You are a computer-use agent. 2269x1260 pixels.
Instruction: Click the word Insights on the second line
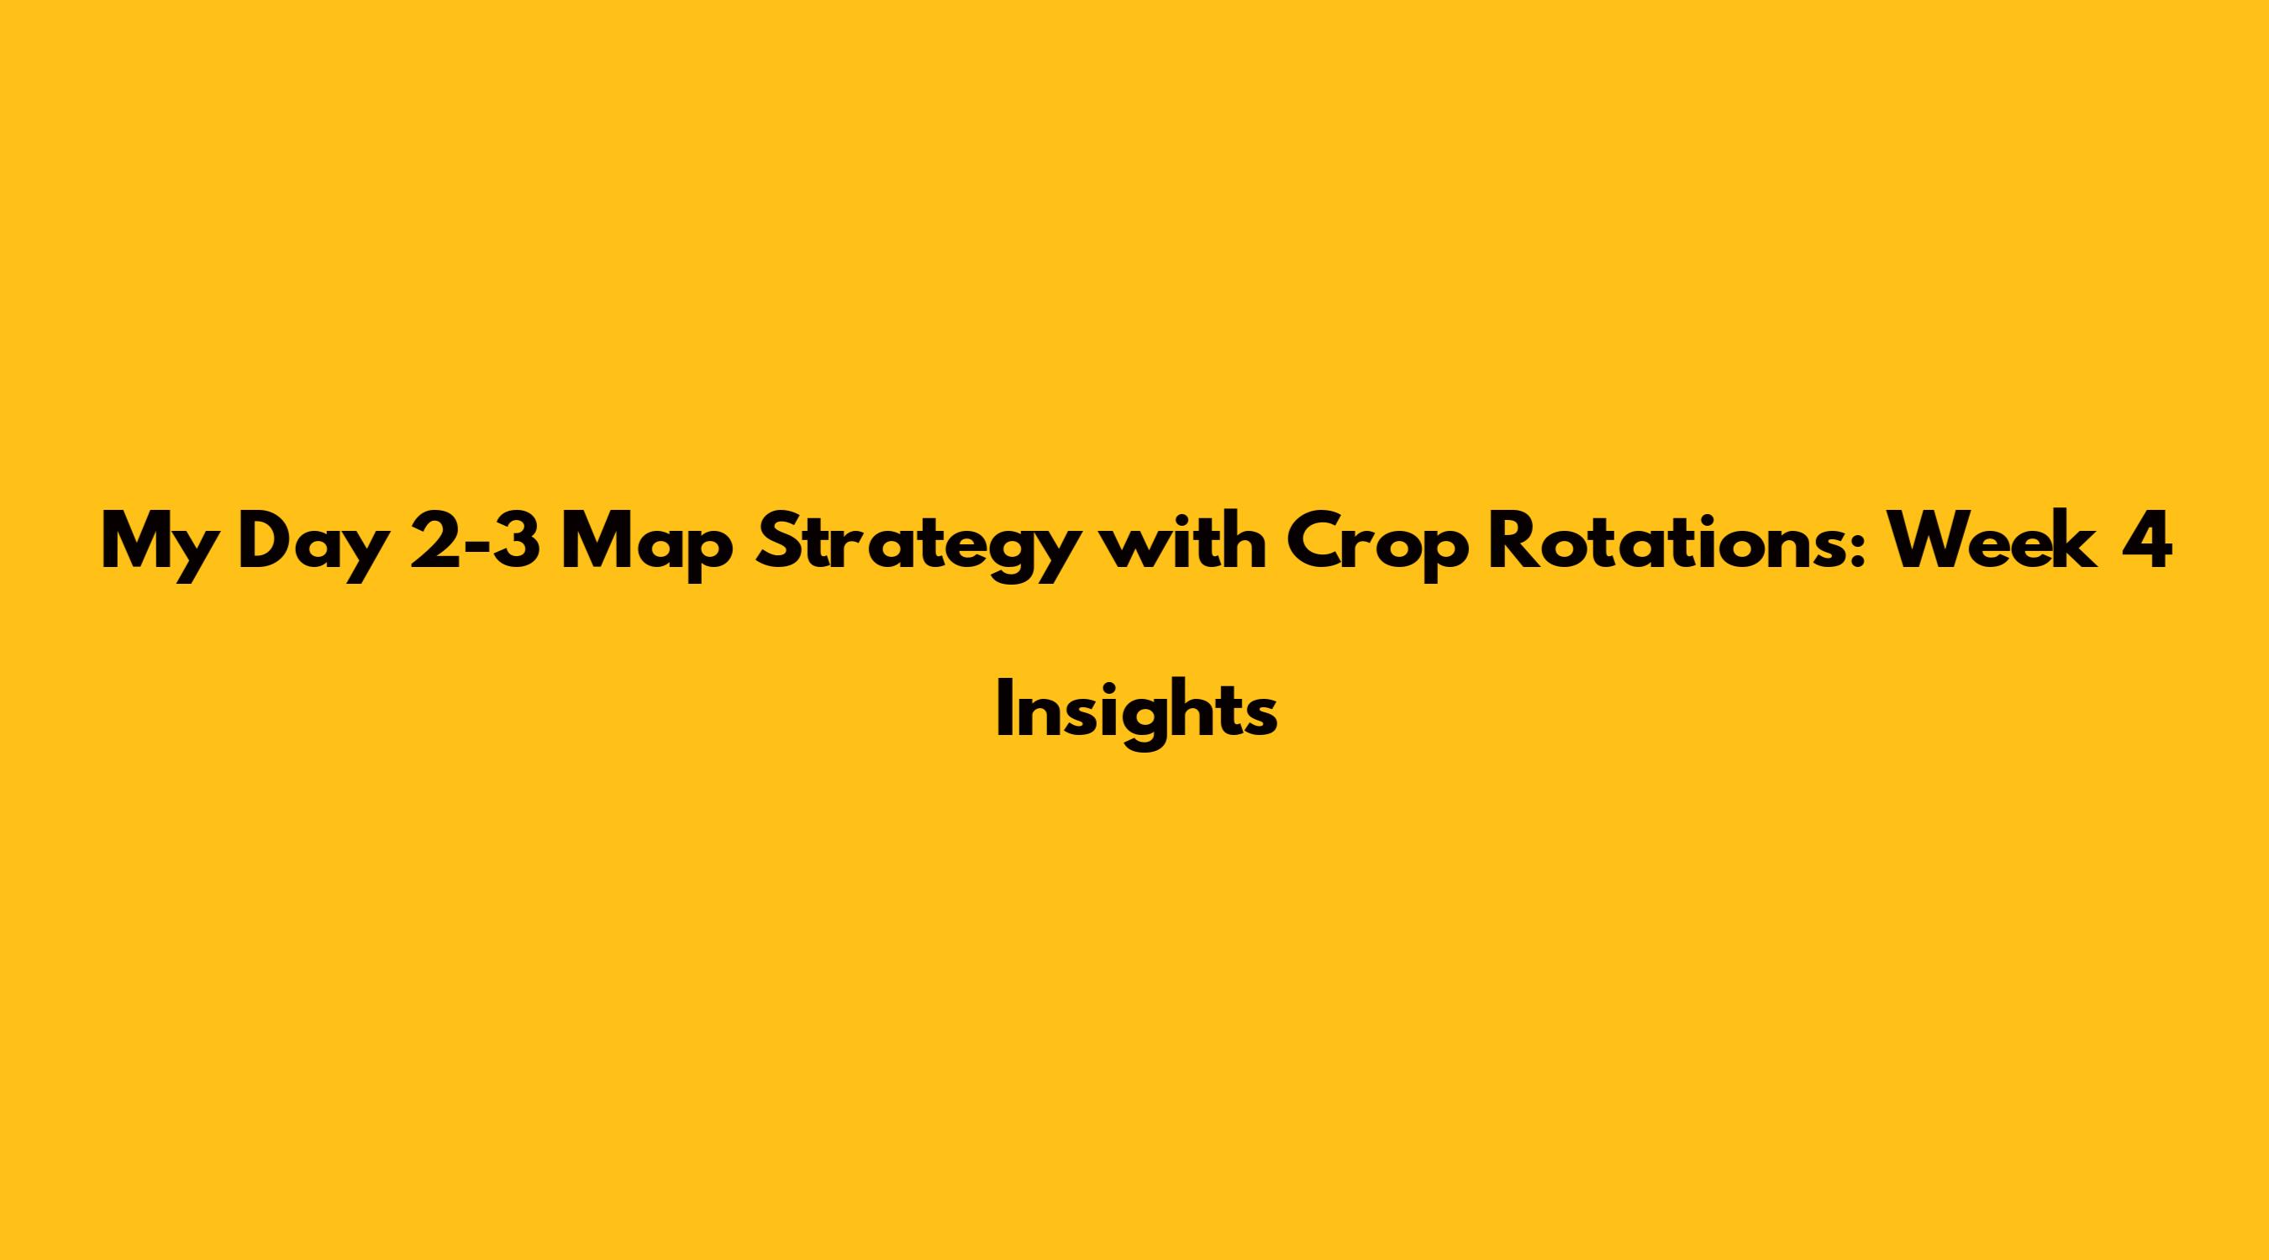(x=1136, y=715)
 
